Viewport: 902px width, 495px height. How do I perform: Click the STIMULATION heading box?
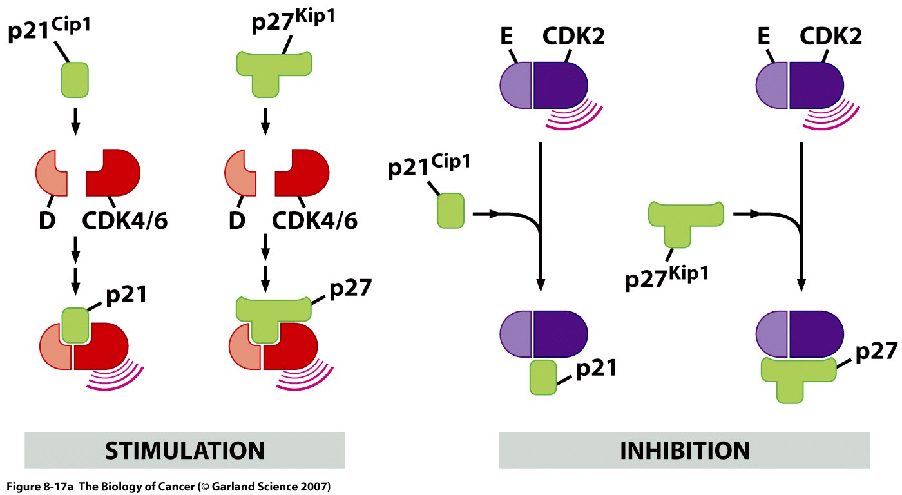pyautogui.click(x=184, y=449)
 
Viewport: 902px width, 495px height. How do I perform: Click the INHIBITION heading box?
pyautogui.click(x=684, y=449)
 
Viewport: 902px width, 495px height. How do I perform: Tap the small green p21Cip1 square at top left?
pyautogui.click(x=75, y=79)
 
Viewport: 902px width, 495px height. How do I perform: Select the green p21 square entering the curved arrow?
pyautogui.click(x=450, y=211)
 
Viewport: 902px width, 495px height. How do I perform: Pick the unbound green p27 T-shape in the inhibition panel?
pyautogui.click(x=686, y=223)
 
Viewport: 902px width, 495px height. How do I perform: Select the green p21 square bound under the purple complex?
pyautogui.click(x=542, y=378)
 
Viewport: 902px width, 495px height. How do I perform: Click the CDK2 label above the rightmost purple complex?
pyautogui.click(x=831, y=38)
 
